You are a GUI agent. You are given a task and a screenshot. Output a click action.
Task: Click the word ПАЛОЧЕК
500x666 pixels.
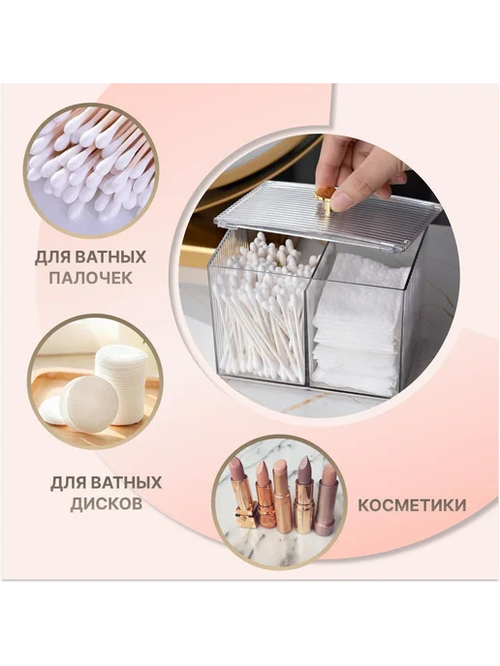(90, 278)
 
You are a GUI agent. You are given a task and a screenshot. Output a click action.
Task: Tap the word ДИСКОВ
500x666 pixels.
(107, 503)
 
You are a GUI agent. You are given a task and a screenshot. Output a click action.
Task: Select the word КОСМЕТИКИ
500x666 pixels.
(412, 505)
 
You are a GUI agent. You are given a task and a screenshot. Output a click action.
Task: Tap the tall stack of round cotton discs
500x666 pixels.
(121, 384)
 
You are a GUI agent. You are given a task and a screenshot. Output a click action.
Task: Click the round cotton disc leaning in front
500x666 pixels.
(89, 404)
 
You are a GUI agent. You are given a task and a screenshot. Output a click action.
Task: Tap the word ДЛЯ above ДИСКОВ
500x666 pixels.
(68, 483)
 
